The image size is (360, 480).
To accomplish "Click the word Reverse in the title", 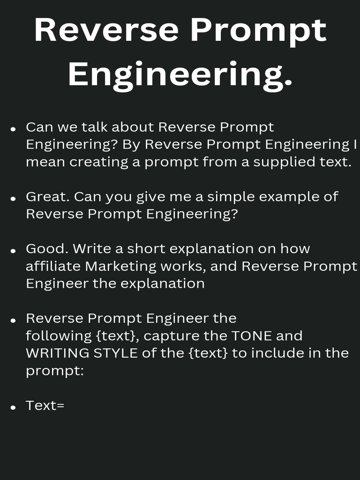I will click(x=106, y=30).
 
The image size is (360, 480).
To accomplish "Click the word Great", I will click(x=48, y=196).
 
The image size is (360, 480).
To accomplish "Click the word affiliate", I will click(x=53, y=266).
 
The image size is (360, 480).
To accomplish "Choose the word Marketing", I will click(x=120, y=266).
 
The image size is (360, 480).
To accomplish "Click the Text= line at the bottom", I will click(x=45, y=405).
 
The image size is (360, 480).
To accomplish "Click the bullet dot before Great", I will click(x=14, y=199).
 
